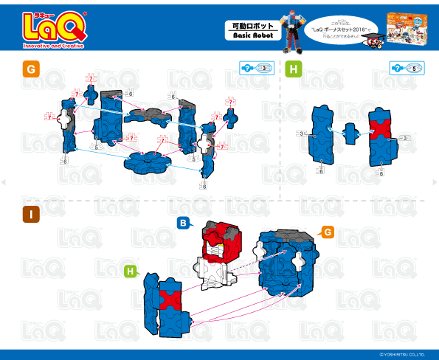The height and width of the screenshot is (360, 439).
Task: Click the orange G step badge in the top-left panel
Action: click(x=30, y=70)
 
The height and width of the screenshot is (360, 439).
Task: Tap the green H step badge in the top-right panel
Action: click(x=294, y=70)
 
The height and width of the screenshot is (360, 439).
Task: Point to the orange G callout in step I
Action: click(x=327, y=232)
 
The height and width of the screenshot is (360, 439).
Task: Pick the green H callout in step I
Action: click(x=131, y=271)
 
